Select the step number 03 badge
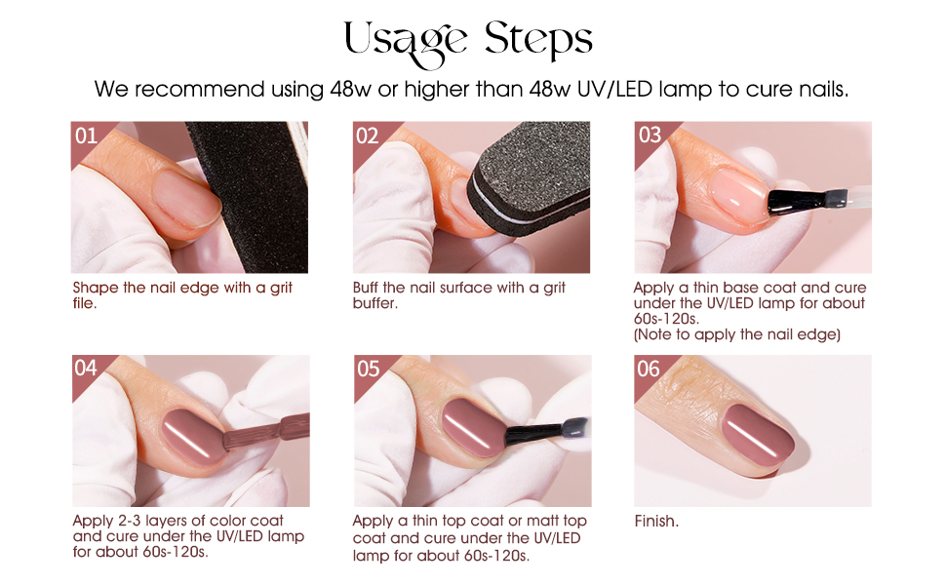click(650, 136)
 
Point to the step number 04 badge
click(86, 368)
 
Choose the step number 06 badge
click(649, 369)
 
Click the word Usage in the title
click(405, 42)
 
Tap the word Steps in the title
click(538, 40)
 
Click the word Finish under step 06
click(656, 521)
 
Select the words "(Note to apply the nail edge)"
click(736, 334)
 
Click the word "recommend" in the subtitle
click(199, 90)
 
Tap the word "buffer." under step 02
click(375, 303)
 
